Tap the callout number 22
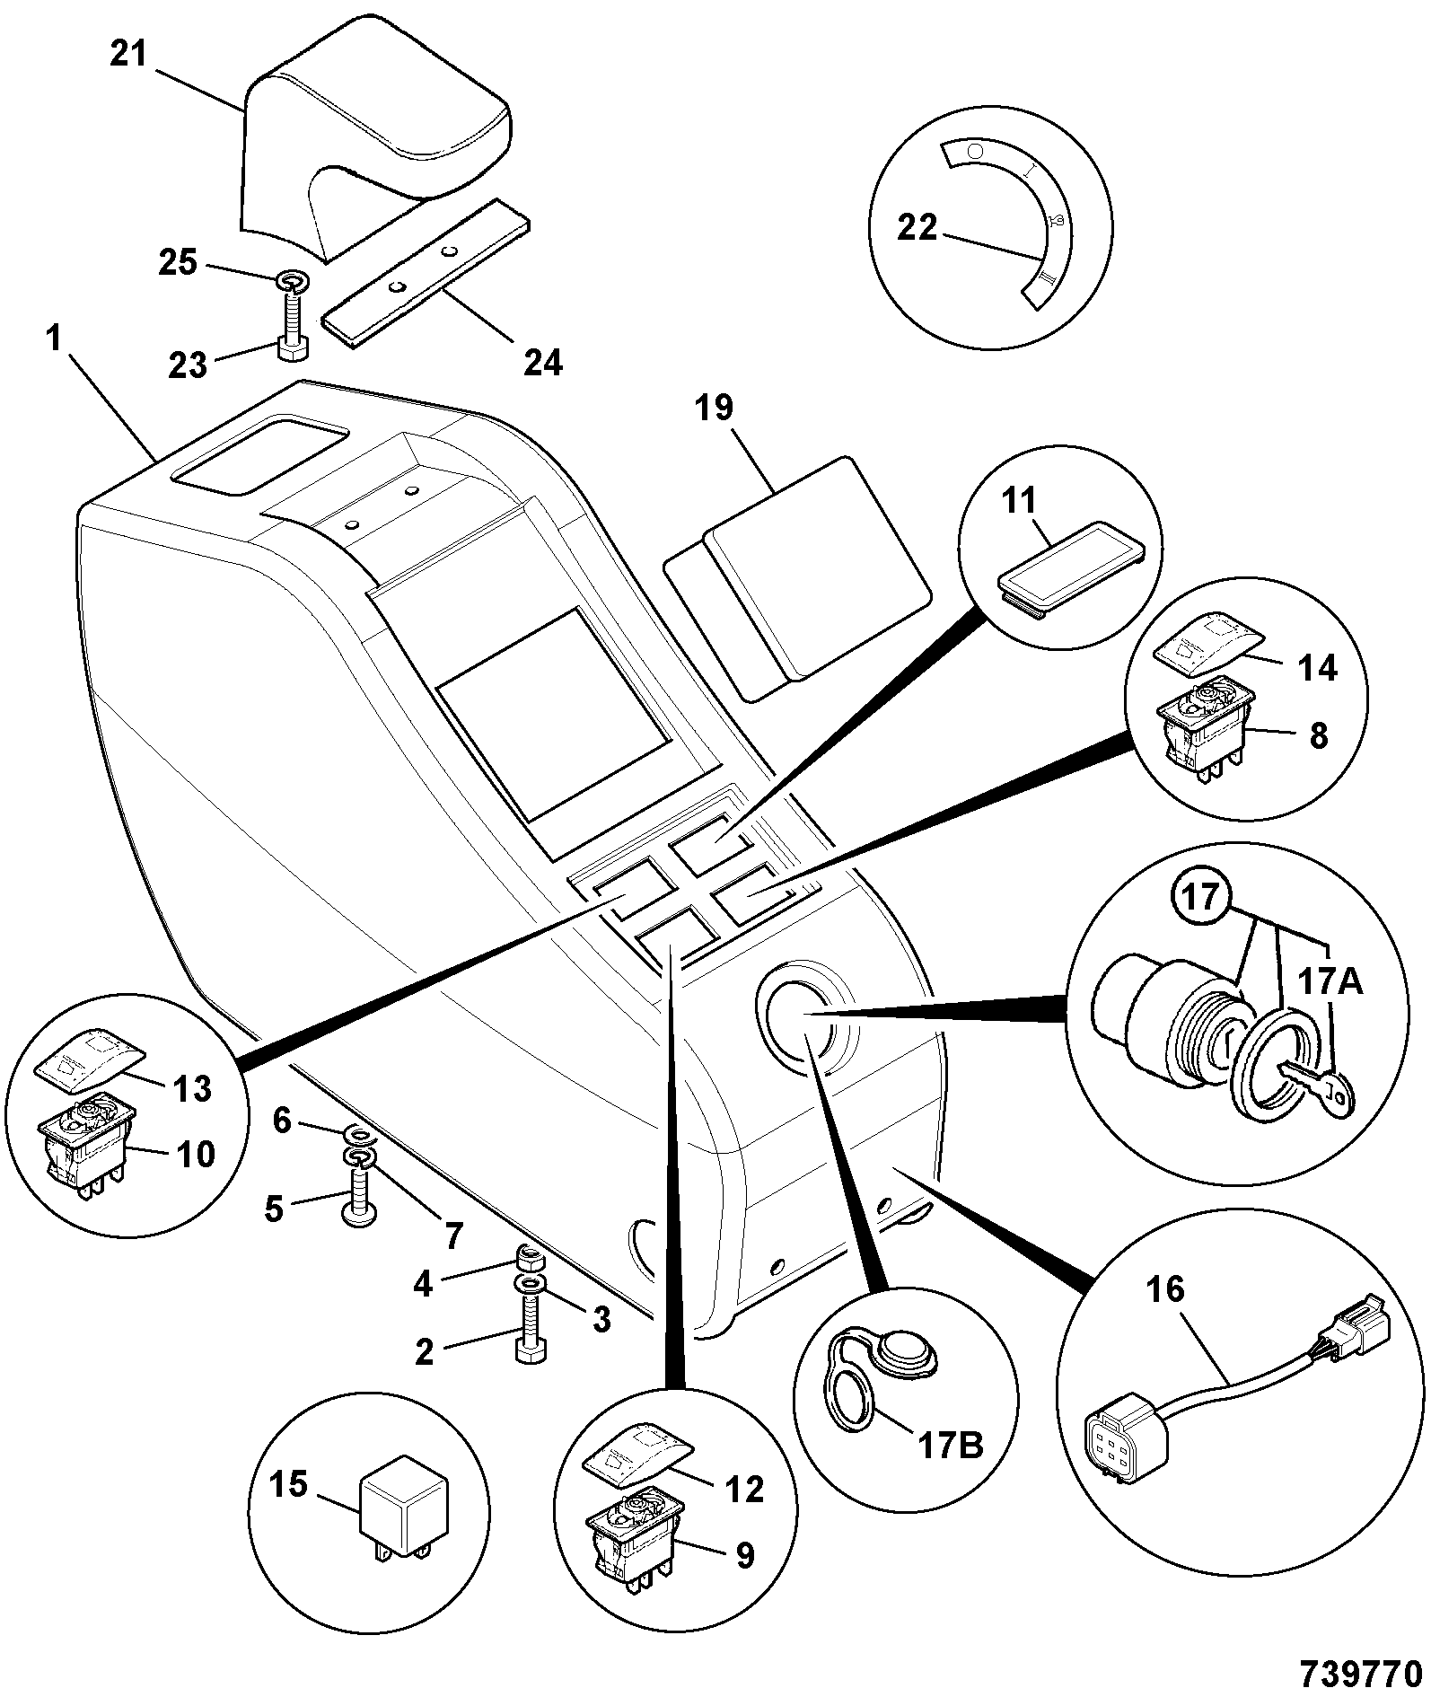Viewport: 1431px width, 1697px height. pyautogui.click(x=917, y=229)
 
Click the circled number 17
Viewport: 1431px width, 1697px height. pyautogui.click(x=1202, y=899)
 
